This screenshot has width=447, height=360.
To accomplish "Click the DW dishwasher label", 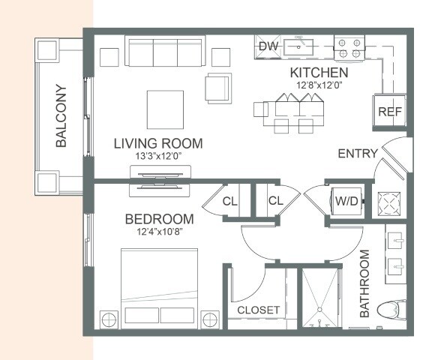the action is [x=268, y=46].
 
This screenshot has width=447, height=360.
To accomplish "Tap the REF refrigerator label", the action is [x=390, y=112].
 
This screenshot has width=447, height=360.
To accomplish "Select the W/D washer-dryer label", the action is [x=346, y=201].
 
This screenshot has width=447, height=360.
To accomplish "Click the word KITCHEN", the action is [x=319, y=73].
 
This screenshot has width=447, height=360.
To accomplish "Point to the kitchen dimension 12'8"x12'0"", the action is [x=319, y=85].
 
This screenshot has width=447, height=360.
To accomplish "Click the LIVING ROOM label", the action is [x=158, y=143].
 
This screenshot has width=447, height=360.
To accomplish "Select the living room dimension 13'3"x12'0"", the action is [x=158, y=156].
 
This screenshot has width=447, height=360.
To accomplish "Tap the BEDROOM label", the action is [x=159, y=219].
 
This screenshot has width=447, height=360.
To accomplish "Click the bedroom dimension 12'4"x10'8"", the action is [x=159, y=232].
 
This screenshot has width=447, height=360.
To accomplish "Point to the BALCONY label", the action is [x=61, y=115].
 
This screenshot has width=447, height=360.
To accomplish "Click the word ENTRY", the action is [x=358, y=154].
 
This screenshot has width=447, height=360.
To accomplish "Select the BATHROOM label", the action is [x=364, y=283].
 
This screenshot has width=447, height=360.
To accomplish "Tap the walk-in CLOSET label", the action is [x=258, y=310].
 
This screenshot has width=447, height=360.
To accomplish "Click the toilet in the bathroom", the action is [x=391, y=310].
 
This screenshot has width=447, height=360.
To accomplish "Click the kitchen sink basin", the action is [x=298, y=47].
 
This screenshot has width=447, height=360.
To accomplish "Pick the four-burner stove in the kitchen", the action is [x=349, y=48].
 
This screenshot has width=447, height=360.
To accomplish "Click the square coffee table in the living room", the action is [x=165, y=109].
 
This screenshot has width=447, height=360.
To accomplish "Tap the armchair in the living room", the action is [x=218, y=88].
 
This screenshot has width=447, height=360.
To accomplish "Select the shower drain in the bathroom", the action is [x=319, y=310].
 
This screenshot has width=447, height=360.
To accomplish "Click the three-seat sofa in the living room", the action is [x=165, y=51].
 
